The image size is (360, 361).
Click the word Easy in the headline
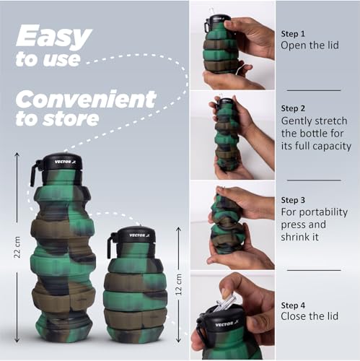(x=54, y=37)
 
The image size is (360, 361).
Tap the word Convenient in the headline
(x=86, y=99)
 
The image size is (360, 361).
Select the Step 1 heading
(x=293, y=34)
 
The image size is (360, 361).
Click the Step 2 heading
(x=293, y=108)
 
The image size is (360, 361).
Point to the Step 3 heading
(x=293, y=200)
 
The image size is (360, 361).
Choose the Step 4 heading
(x=293, y=305)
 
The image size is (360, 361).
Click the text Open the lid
(x=309, y=45)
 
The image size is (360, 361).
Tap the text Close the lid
(x=309, y=316)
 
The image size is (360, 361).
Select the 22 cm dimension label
(x=17, y=247)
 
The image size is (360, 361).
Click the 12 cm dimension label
(x=179, y=284)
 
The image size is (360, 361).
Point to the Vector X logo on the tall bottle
(x=65, y=162)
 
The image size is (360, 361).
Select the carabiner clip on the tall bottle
(x=35, y=173)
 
